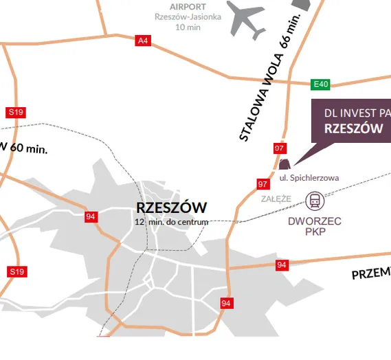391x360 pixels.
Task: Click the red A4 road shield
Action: pos(143,41)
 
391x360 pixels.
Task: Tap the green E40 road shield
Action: pos(321,84)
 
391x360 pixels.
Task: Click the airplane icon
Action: pos(245,20)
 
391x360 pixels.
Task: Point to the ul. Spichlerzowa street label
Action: pos(309,178)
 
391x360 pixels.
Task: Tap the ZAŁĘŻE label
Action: pos(276,199)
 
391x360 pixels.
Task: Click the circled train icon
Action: pos(315,201)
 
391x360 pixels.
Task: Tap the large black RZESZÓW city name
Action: pos(171,207)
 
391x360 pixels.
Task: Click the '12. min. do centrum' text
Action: pos(172,222)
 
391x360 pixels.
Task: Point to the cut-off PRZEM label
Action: pos(371,272)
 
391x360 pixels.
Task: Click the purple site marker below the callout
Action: pos(284,164)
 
